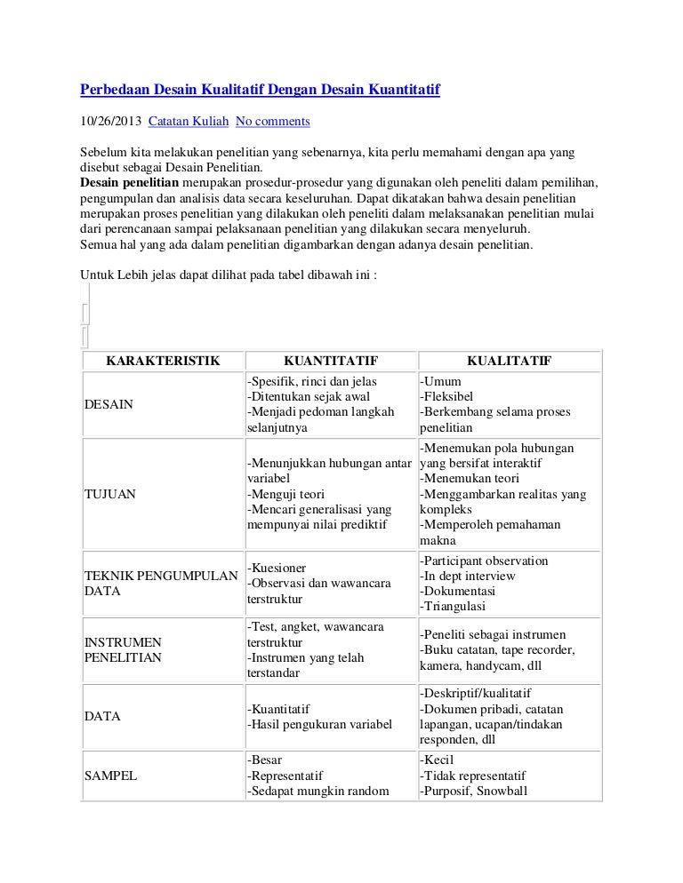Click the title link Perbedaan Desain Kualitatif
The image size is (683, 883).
pos(261,91)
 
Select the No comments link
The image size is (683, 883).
pos(272,120)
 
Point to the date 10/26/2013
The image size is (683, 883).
pos(110,120)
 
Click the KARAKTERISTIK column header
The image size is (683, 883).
pos(163,361)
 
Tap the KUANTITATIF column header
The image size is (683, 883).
pos(330,361)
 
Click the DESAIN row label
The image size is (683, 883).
pos(108,404)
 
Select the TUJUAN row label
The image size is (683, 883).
pos(110,494)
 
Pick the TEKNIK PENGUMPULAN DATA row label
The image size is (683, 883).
pos(159,583)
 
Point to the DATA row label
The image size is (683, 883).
pos(102,716)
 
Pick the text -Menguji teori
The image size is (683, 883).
pos(285,494)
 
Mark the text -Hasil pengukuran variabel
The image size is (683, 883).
pos(318,725)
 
